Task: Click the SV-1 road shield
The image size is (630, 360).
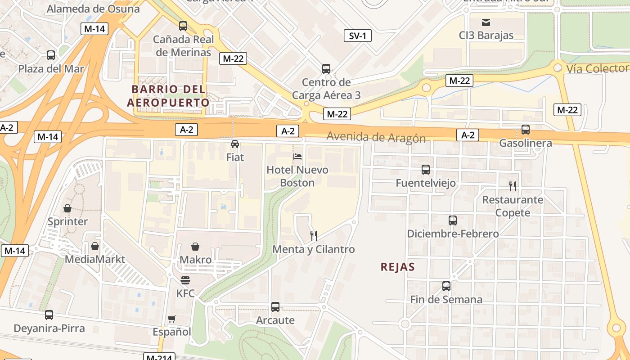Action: (x=357, y=36)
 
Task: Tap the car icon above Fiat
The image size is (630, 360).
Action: (x=234, y=144)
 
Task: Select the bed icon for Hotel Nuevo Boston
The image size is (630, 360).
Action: (x=297, y=157)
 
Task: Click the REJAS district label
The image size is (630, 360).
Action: (x=397, y=267)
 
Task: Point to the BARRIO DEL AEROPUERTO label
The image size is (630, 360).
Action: (x=168, y=96)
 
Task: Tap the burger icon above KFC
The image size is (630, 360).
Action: (x=185, y=280)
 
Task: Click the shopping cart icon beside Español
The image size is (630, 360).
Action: (x=171, y=319)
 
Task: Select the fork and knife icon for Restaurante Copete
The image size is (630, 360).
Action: (x=512, y=186)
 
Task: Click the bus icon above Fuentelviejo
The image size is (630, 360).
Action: (x=425, y=170)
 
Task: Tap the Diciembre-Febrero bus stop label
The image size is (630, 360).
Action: (x=453, y=234)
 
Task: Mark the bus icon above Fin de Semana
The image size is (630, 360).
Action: (x=446, y=286)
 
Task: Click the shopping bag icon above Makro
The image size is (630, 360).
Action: (x=195, y=247)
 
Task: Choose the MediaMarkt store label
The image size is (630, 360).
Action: (x=95, y=260)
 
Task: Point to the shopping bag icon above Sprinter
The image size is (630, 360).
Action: (x=67, y=208)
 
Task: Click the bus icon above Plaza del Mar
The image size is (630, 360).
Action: (x=51, y=55)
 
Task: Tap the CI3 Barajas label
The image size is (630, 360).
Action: (x=486, y=36)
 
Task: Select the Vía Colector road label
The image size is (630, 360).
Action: (x=597, y=68)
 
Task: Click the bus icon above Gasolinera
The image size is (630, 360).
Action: (x=525, y=130)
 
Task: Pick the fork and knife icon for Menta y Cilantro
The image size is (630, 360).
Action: (x=314, y=235)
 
